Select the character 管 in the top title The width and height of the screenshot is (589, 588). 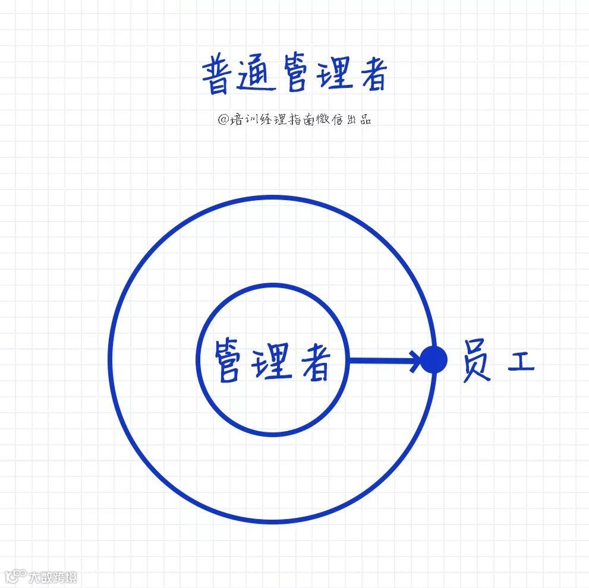point(295,75)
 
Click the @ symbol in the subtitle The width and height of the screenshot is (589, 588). point(223,119)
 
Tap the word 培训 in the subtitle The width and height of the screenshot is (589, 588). point(244,119)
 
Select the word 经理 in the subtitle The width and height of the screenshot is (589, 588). point(271,119)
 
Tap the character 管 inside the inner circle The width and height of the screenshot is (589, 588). point(229,361)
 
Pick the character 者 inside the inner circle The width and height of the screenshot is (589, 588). point(313,361)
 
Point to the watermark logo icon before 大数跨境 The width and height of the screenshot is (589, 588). point(16,576)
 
